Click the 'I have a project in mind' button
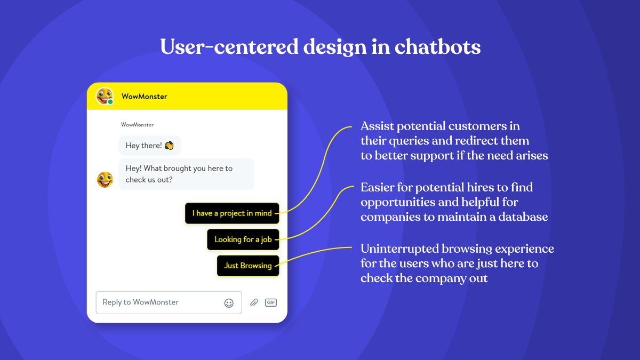pos(232,213)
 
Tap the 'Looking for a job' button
pos(243,239)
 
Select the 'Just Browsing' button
pos(247,266)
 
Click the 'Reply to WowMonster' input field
pos(160,302)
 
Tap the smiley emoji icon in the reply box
pos(229,303)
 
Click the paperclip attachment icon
pos(254,302)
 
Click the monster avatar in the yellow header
pos(104,96)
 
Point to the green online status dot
pos(110,102)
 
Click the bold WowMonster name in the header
pos(144,97)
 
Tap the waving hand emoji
pos(169,146)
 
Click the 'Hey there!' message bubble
pos(149,146)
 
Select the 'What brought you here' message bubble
pos(186,174)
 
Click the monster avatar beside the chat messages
pos(105,180)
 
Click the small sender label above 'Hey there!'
pos(137,125)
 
